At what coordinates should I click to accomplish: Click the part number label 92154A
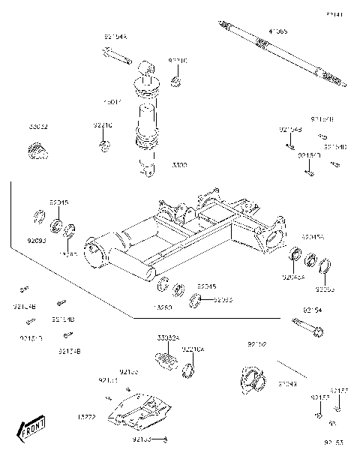(x=115, y=36)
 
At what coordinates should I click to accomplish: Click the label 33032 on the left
(x=39, y=127)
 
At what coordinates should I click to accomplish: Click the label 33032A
(x=168, y=338)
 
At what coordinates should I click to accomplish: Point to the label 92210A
(x=192, y=349)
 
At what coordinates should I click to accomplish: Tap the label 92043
(x=287, y=384)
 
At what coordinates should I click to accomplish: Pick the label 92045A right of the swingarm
(x=312, y=236)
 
